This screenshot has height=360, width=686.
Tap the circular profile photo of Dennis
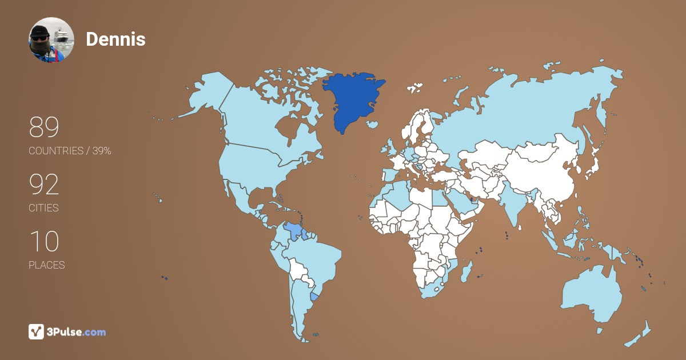(x=51, y=40)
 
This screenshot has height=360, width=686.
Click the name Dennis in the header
(x=115, y=39)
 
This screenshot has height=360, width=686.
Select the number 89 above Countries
(x=44, y=127)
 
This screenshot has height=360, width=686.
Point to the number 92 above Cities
(x=44, y=185)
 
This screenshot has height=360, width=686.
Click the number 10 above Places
(x=44, y=242)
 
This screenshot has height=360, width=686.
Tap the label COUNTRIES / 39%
(x=70, y=151)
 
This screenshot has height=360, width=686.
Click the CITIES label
(x=44, y=208)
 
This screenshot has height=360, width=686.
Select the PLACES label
(x=47, y=265)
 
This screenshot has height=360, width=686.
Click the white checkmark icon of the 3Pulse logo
(x=37, y=331)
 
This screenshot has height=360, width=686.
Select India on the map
(x=512, y=203)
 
